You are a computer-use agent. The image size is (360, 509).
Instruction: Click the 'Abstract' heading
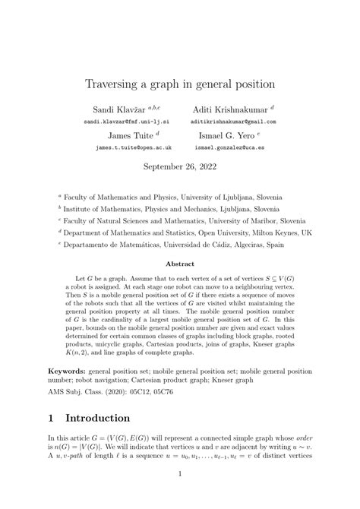[180, 264]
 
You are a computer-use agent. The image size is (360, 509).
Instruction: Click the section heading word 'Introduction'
[108, 438]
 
